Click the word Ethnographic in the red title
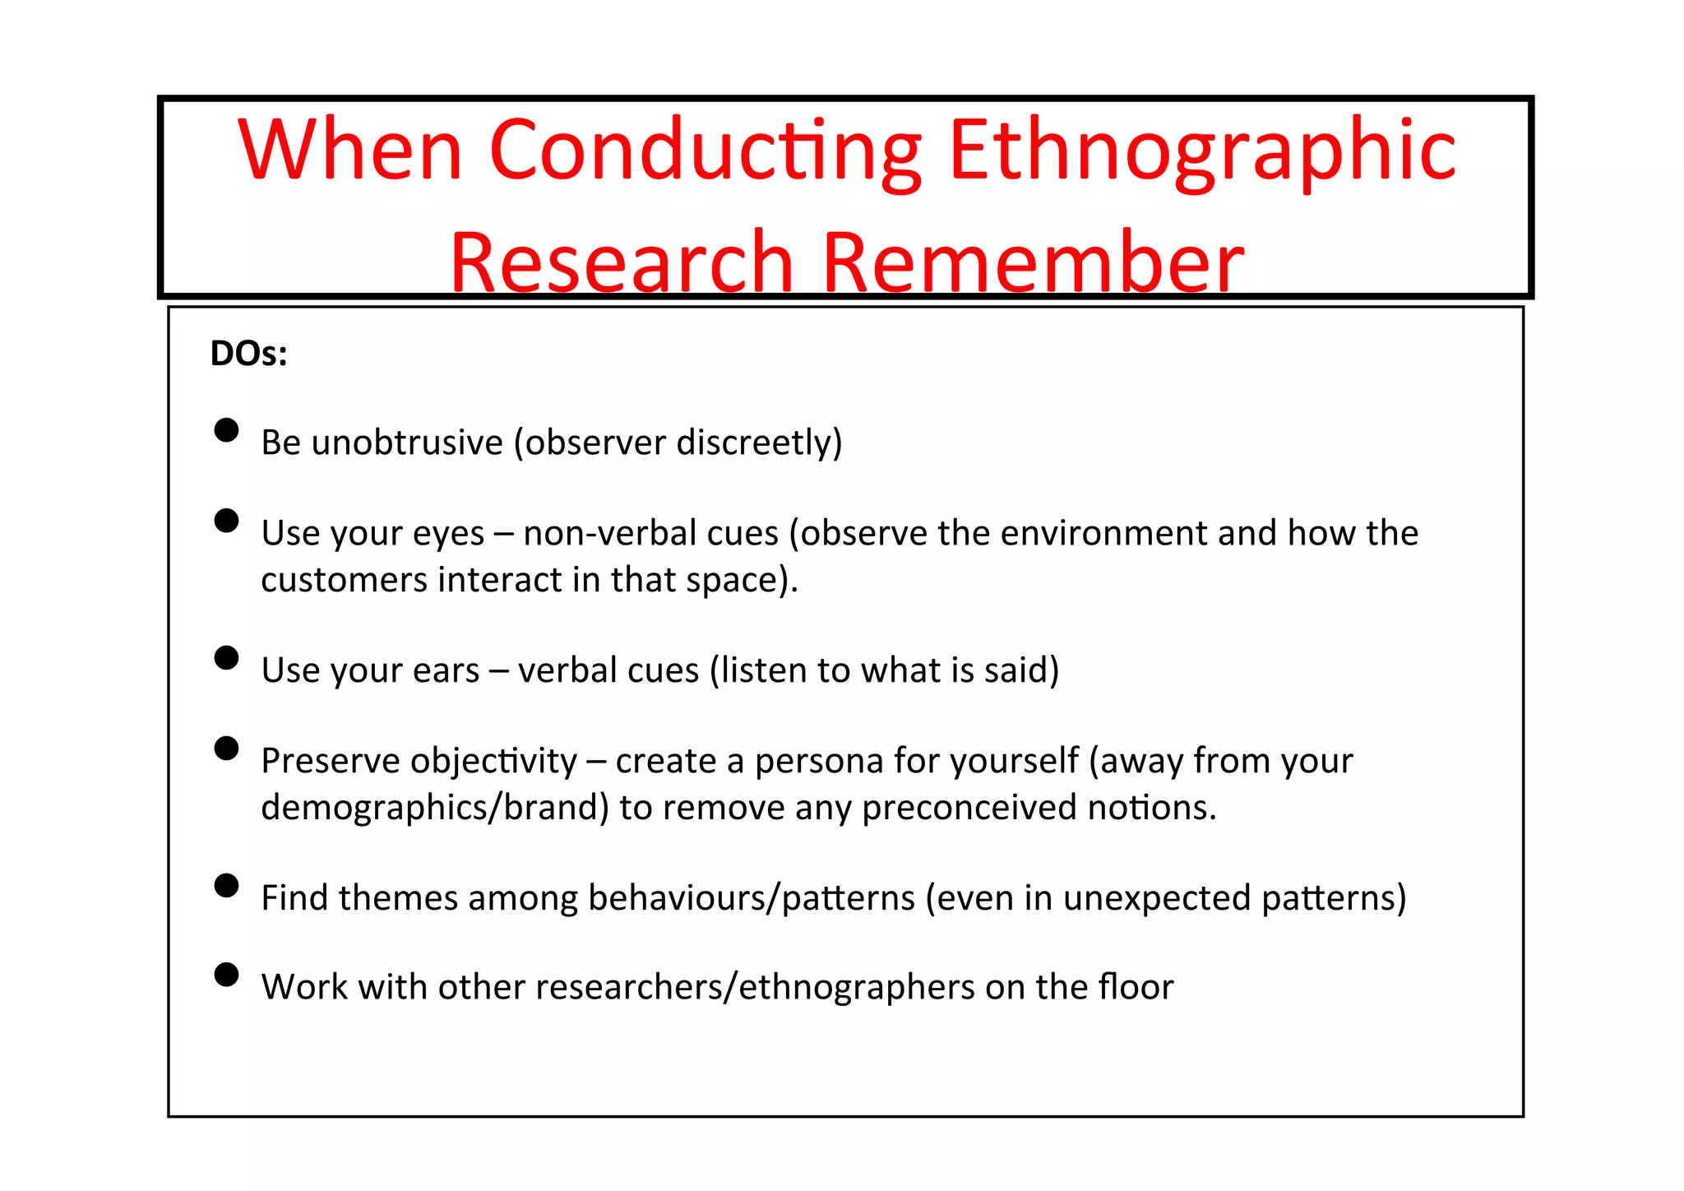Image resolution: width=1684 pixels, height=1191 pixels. (x=1202, y=152)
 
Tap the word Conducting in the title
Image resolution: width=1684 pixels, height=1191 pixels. (x=706, y=152)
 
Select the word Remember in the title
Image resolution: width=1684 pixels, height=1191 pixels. (x=1033, y=263)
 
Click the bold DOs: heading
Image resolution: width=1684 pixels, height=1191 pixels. (x=248, y=354)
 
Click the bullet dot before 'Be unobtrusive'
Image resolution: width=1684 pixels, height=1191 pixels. (x=226, y=430)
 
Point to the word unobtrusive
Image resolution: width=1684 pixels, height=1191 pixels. (x=408, y=443)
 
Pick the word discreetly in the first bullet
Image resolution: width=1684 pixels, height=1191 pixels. (x=759, y=443)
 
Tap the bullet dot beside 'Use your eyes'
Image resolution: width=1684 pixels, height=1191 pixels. (x=226, y=521)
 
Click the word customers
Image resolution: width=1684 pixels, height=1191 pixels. (x=345, y=580)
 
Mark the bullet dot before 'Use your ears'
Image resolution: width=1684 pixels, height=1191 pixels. (x=226, y=658)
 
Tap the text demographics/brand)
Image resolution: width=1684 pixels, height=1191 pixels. (x=435, y=808)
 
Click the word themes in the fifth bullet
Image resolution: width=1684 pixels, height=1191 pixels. (x=398, y=898)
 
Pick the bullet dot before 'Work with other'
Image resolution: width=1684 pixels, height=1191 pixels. (x=226, y=975)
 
